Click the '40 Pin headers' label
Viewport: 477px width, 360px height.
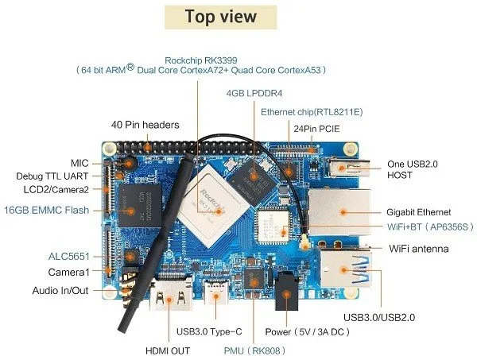(145, 125)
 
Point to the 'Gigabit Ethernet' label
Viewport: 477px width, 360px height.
(419, 212)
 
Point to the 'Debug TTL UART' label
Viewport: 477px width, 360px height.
(53, 176)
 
